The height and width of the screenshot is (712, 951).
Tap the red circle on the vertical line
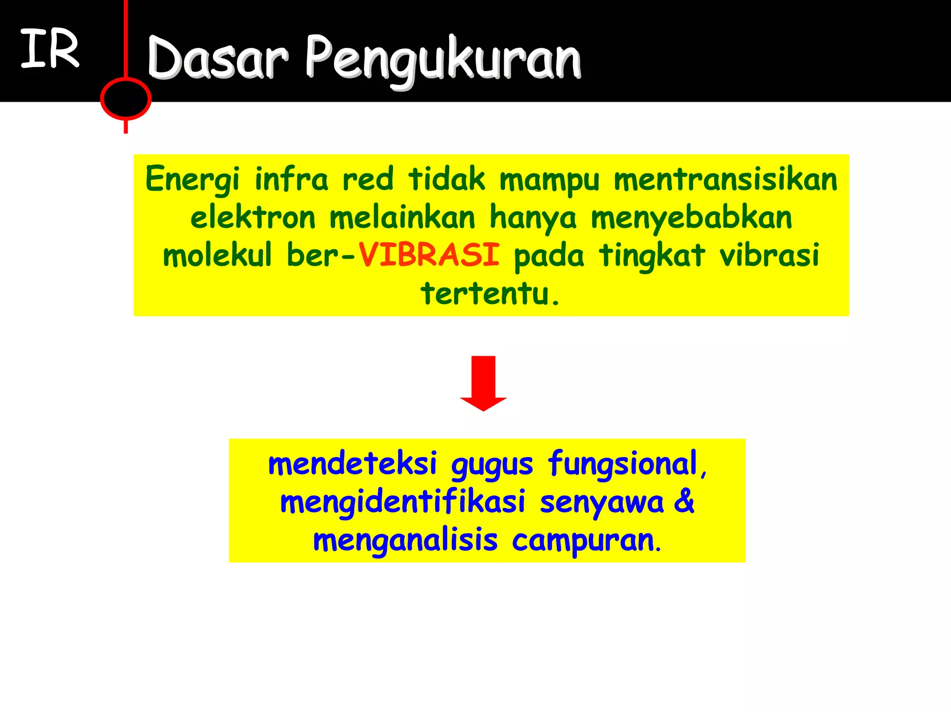click(x=125, y=99)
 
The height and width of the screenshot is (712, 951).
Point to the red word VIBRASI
click(x=429, y=255)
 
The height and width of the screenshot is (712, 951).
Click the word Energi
click(x=192, y=180)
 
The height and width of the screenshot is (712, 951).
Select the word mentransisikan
click(x=725, y=180)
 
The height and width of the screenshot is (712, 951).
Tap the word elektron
click(x=253, y=217)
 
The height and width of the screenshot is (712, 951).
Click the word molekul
click(x=217, y=255)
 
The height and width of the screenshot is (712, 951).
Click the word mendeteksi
click(x=353, y=463)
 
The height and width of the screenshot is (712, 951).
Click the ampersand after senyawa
click(x=684, y=502)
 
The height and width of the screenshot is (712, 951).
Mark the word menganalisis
click(x=405, y=541)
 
